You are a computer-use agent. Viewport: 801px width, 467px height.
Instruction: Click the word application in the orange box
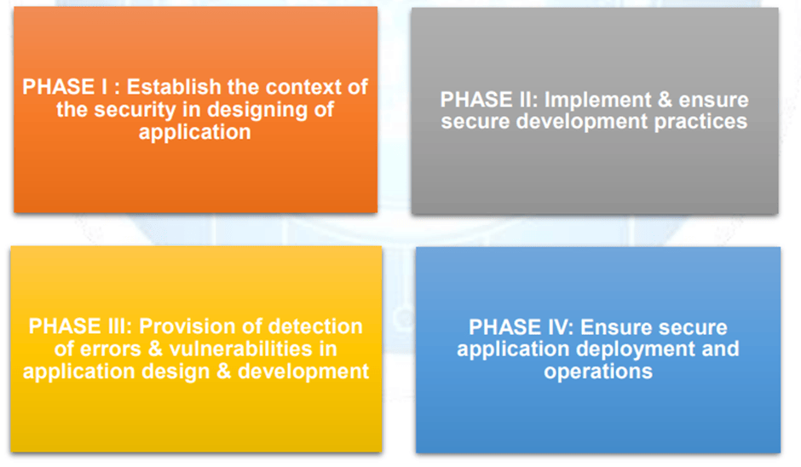point(195,132)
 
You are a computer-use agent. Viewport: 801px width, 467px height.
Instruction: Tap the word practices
point(699,121)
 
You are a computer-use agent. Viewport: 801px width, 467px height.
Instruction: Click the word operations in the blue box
point(598,372)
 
